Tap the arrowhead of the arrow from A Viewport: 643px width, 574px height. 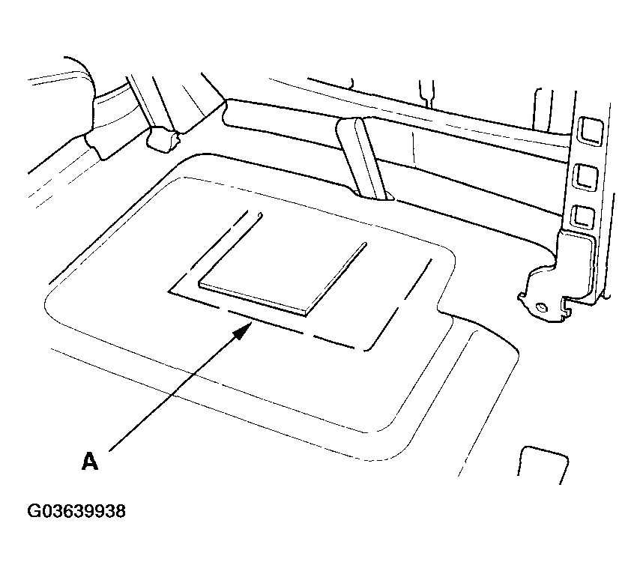[x=244, y=330]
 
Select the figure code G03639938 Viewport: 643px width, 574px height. [x=76, y=512]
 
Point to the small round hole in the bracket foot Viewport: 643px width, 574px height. [x=540, y=306]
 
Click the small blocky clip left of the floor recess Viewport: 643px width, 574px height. [x=163, y=139]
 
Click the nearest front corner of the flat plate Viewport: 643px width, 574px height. [x=307, y=312]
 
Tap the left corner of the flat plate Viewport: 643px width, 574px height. [x=199, y=286]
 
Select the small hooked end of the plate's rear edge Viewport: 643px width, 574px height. [x=259, y=216]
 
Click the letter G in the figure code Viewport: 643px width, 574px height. [x=34, y=512]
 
